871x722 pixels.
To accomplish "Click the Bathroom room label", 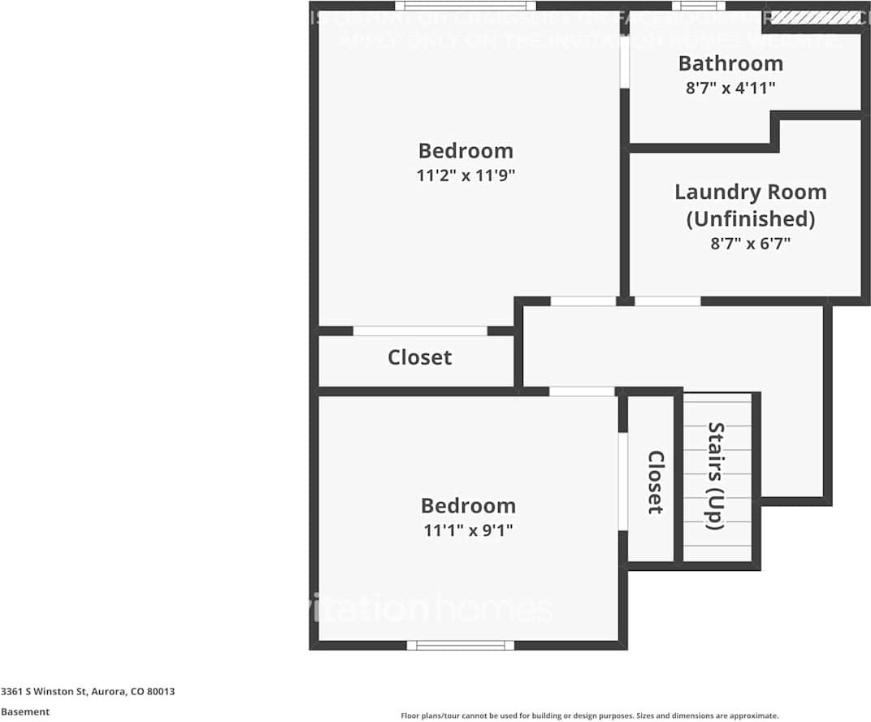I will pos(730,63).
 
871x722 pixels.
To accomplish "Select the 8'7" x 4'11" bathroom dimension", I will pos(730,89).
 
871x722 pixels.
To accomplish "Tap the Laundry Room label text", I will pos(750,192).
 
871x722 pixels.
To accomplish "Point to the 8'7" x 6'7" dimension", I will pos(750,243).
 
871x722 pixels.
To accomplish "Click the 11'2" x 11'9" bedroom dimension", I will pos(466,175).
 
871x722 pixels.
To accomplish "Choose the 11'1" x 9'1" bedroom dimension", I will pos(467,530).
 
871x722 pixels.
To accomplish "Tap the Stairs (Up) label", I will pos(716,476).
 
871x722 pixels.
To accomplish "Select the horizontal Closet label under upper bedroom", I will pos(419,357).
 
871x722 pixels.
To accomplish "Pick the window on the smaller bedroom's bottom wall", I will pos(460,645).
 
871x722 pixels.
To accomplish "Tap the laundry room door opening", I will pos(667,301).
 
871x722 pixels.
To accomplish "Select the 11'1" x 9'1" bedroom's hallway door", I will pos(582,391).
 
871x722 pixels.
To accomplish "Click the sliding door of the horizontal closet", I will pos(420,331).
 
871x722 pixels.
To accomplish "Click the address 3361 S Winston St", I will pos(88,692).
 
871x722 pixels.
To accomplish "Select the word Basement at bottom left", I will pos(25,711).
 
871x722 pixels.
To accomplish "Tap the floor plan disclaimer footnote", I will pos(590,716).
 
